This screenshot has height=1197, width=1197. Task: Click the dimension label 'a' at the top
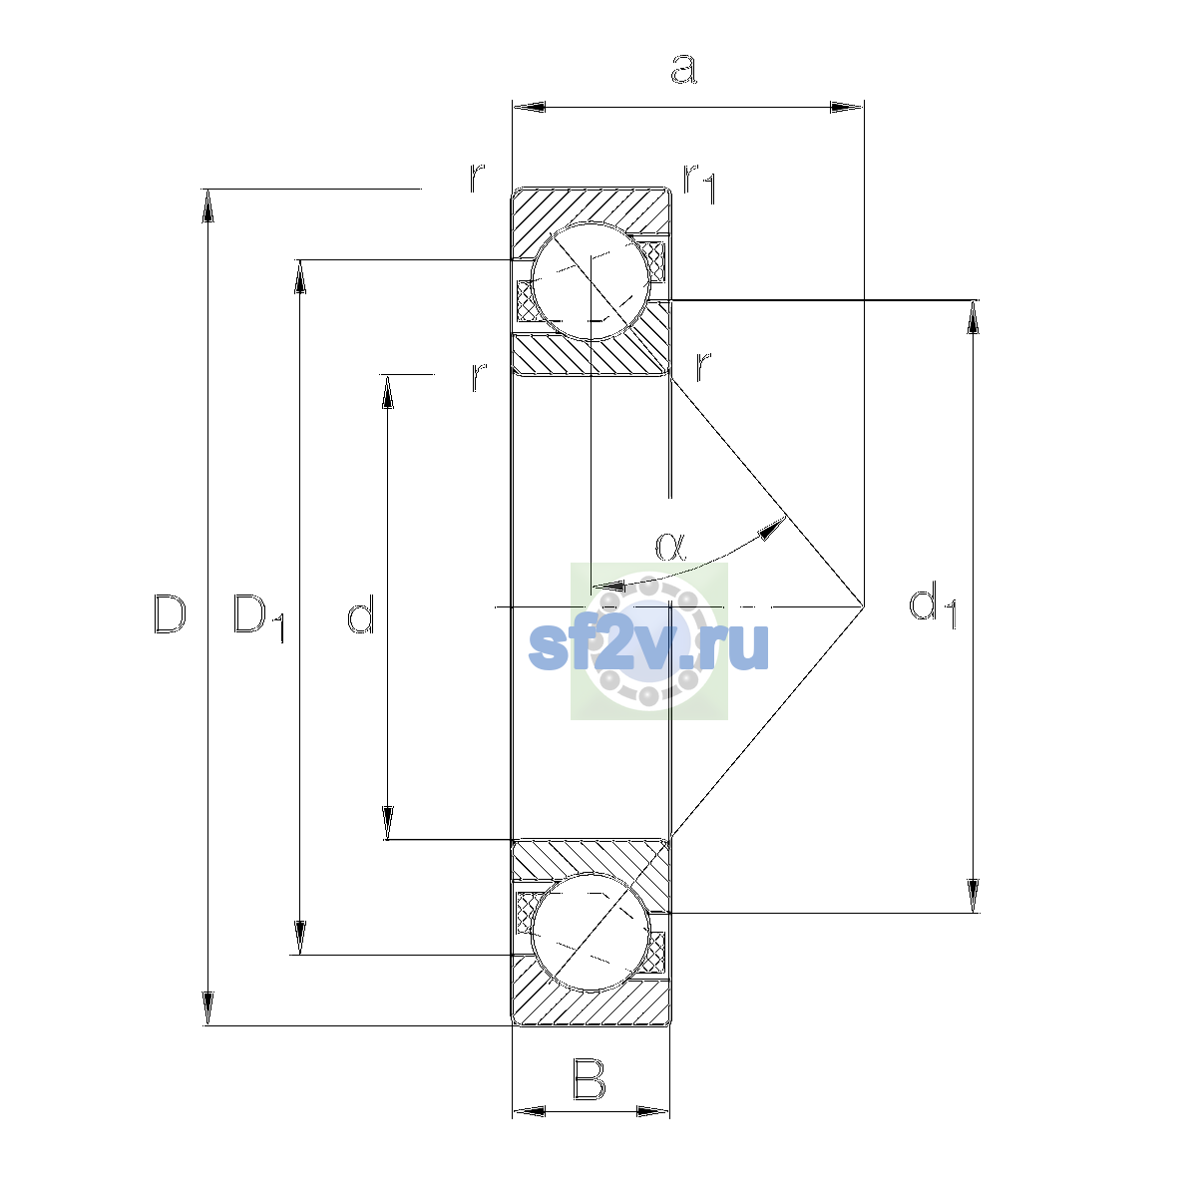684,69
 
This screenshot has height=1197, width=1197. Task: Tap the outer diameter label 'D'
170,614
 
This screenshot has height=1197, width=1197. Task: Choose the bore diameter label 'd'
360,613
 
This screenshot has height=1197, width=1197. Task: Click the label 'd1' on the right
933,606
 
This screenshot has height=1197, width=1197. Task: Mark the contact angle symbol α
670,547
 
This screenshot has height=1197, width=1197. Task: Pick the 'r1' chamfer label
699,184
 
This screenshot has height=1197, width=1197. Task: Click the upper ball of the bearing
591,281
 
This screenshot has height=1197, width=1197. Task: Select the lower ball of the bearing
591,932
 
